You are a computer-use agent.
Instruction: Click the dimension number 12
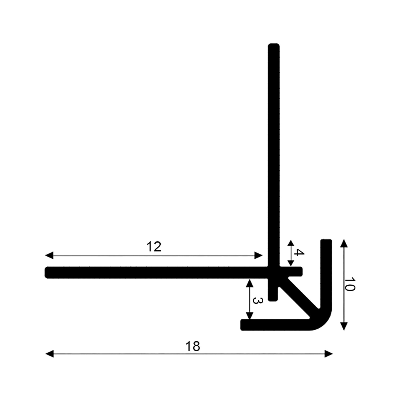[153, 246]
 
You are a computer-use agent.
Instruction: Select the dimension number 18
[193, 347]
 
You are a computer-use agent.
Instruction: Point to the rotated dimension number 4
[299, 253]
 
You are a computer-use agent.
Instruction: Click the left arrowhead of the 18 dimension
[49, 354]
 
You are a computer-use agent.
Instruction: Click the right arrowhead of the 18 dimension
[329, 354]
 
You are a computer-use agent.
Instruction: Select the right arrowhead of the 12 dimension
[259, 255]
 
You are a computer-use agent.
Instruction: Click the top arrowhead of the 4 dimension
[291, 244]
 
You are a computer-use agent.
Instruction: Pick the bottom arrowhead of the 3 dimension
[250, 316]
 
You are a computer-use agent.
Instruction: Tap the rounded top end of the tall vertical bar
[274, 46]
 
